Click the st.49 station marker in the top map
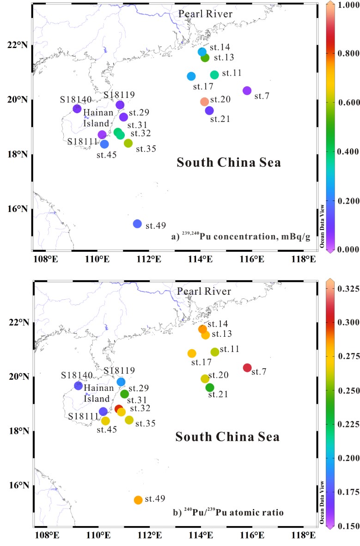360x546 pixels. click(x=137, y=224)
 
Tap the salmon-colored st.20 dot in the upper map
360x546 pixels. click(x=205, y=102)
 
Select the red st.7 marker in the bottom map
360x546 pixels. click(x=247, y=368)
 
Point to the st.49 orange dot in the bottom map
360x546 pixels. click(x=138, y=500)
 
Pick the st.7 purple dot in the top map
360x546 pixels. click(x=247, y=91)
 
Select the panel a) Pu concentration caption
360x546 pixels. click(x=240, y=237)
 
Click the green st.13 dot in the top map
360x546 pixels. click(x=205, y=58)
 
